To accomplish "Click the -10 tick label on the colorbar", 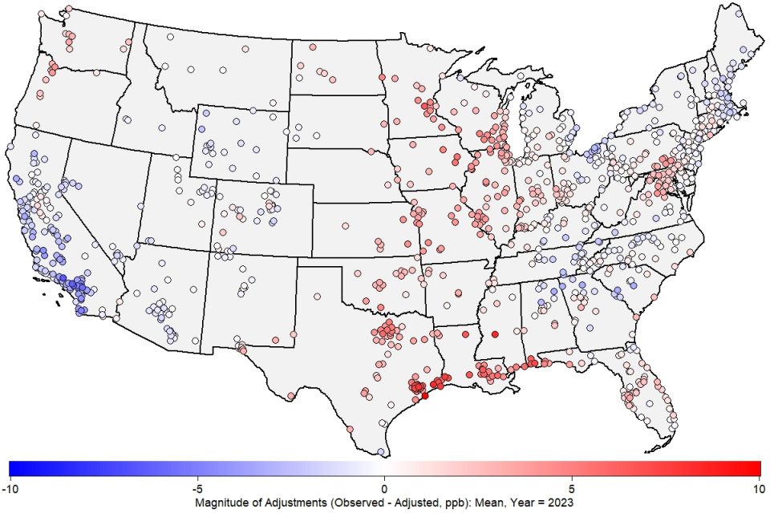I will tap(10, 488).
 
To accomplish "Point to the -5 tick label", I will tap(197, 488).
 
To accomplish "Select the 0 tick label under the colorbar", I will tap(384, 488).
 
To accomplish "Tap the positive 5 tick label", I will tap(572, 488).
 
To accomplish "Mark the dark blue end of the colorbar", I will tap(13, 468).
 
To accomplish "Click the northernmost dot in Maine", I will tap(744, 50).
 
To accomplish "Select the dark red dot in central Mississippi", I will tap(495, 333).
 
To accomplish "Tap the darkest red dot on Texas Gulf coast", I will tap(425, 395).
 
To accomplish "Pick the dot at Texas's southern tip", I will tap(381, 451).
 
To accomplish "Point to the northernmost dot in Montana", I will tap(170, 37).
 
